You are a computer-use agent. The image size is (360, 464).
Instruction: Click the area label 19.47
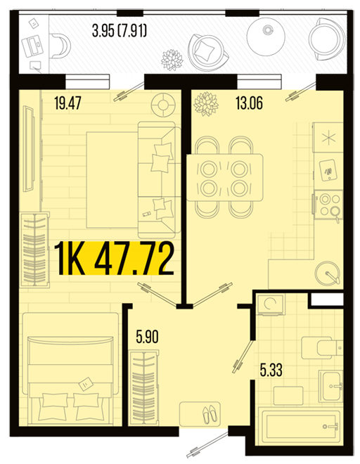[67, 103]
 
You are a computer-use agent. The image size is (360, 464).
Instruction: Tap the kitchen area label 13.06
[249, 103]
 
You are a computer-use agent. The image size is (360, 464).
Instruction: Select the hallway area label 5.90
[147, 337]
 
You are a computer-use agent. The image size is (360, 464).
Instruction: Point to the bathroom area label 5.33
[271, 370]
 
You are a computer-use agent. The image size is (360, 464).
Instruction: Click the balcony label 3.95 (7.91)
[120, 31]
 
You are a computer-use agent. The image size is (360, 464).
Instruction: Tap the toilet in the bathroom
[322, 348]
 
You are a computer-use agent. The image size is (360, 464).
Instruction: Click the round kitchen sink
[328, 273]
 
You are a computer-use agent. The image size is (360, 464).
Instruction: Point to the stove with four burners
[328, 205]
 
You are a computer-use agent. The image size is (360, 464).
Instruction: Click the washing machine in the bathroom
[270, 305]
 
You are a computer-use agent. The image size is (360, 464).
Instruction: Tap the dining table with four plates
[225, 177]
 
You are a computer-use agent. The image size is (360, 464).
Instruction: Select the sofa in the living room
[160, 179]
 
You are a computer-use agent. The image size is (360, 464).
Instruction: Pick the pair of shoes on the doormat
[210, 413]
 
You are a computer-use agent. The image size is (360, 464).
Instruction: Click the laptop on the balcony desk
[32, 46]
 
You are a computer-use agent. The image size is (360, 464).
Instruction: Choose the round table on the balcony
[266, 36]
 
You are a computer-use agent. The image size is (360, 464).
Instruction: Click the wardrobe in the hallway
[143, 388]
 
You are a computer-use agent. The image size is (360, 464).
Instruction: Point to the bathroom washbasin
[331, 385]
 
